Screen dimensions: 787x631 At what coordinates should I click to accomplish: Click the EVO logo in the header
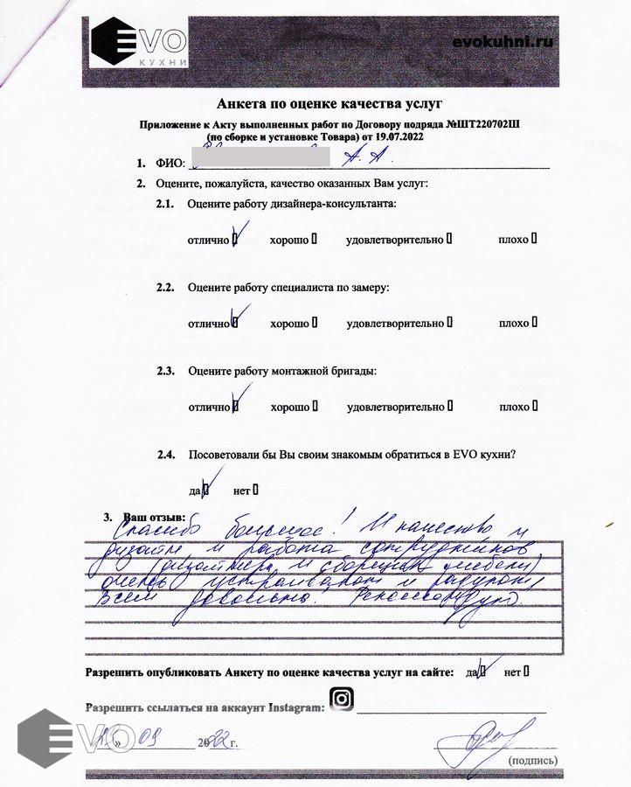tap(140, 42)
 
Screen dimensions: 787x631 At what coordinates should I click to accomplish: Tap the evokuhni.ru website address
tap(503, 41)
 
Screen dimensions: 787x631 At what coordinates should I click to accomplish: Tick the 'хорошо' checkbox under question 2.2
tap(314, 323)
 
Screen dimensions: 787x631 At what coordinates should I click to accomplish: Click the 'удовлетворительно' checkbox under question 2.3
tap(450, 407)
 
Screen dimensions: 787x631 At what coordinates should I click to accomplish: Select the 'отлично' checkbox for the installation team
tap(235, 407)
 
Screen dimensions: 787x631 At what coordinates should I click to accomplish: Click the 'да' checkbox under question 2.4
tap(206, 489)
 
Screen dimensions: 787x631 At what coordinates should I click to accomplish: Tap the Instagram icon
tap(342, 700)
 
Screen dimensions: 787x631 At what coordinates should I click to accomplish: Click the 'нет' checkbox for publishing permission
tap(526, 672)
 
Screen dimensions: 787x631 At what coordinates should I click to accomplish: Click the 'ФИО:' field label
tap(170, 164)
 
